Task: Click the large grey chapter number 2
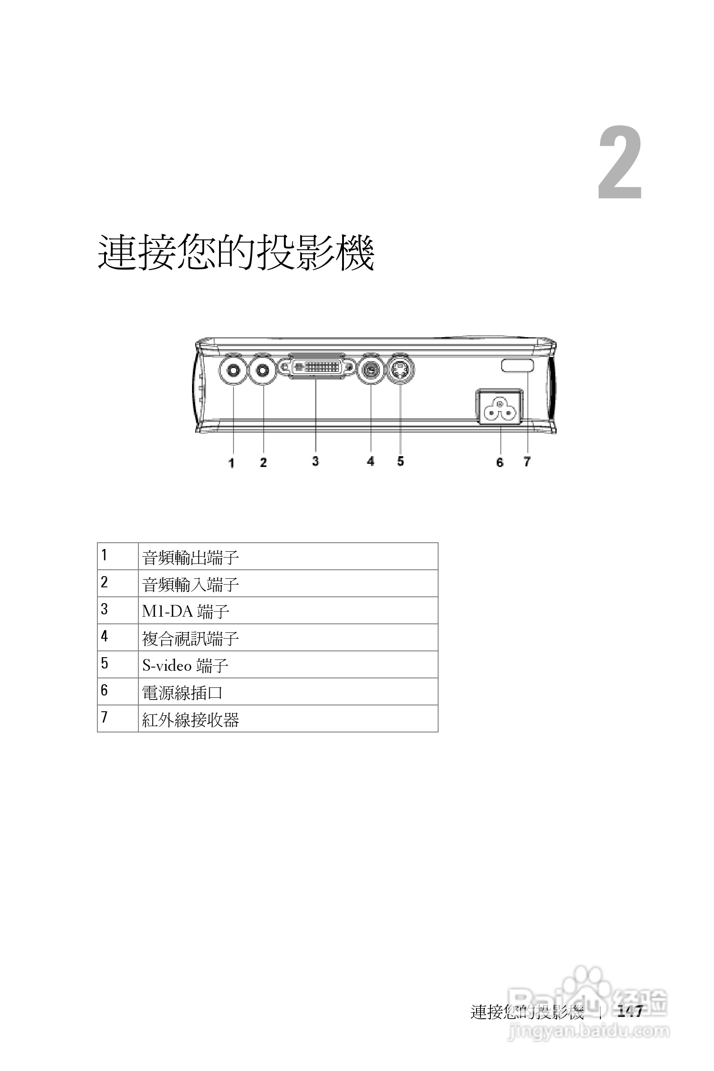coord(620,164)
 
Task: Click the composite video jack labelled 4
coord(371,369)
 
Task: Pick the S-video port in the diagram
coord(400,369)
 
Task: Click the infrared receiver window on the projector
coord(518,365)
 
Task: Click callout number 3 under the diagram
coord(316,461)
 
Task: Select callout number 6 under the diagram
coord(499,462)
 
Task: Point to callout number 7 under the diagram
coord(527,462)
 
